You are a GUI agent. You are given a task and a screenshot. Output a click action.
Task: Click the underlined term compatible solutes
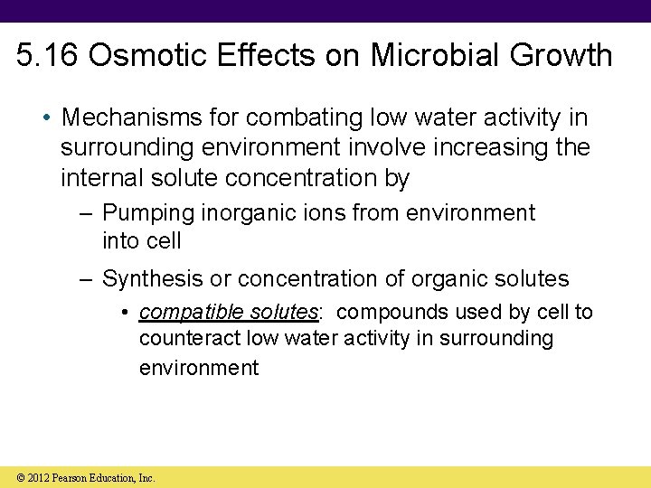[229, 313]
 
